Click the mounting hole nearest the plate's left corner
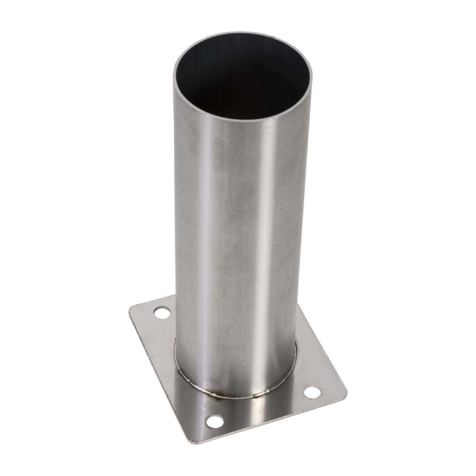[162, 312]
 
